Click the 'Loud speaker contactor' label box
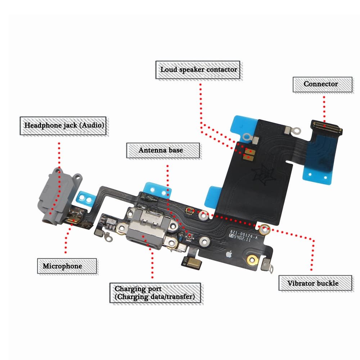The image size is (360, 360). coord(199,69)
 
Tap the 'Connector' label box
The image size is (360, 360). coord(322,84)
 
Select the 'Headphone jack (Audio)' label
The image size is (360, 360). coord(64,126)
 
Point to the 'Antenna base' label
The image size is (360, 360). coord(163,150)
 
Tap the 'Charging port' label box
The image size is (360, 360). coord(155,293)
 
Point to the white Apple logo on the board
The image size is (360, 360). coord(228,255)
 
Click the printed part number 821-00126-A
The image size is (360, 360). coord(243,233)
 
